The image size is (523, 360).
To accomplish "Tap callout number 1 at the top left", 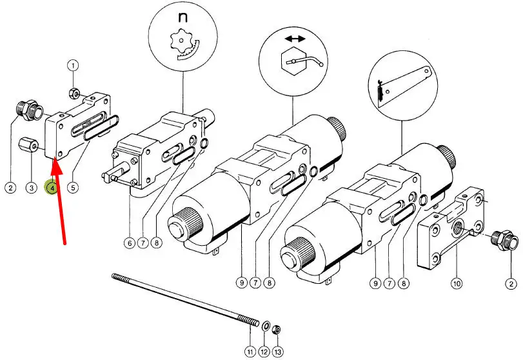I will [x=74, y=65].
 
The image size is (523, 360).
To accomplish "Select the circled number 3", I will [x=31, y=188].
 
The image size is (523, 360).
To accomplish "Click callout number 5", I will [x=74, y=188].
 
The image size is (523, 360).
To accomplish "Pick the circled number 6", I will [x=130, y=243].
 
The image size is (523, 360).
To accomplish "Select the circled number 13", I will [x=278, y=351].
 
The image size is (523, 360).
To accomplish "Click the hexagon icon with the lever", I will [x=295, y=64].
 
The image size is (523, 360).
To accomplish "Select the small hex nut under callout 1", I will [x=75, y=94].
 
